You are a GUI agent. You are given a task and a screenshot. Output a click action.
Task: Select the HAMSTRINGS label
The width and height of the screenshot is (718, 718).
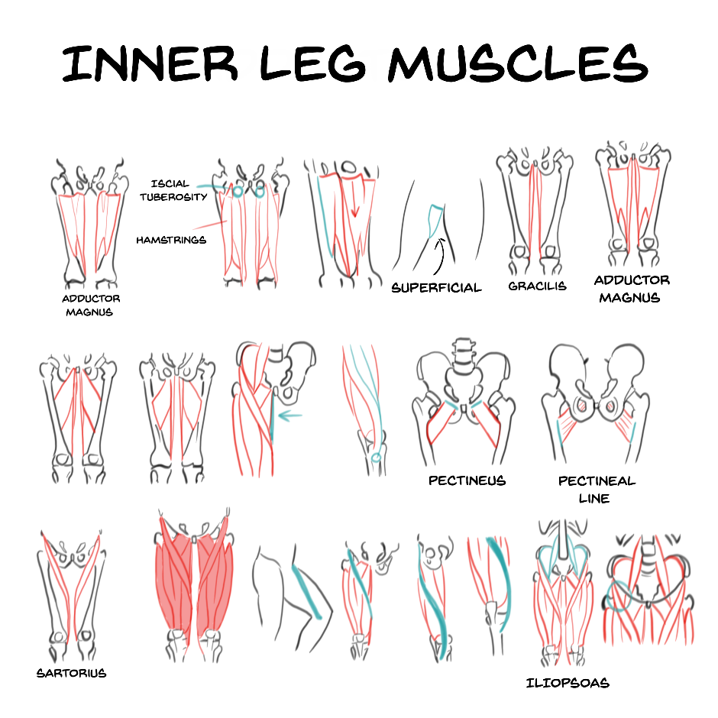click(x=171, y=240)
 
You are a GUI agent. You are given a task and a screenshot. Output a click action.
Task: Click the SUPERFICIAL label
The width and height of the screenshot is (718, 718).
click(x=436, y=288)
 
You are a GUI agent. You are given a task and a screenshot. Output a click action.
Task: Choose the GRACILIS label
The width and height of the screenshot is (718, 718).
click(x=537, y=286)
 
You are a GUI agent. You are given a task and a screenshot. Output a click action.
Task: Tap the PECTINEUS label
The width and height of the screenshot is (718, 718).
click(x=467, y=481)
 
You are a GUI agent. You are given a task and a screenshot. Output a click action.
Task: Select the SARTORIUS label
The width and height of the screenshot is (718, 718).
click(x=71, y=674)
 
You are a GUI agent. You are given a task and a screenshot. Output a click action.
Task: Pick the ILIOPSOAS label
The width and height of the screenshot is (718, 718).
click(x=568, y=683)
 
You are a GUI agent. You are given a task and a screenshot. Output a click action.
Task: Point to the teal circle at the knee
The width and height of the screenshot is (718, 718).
click(x=377, y=458)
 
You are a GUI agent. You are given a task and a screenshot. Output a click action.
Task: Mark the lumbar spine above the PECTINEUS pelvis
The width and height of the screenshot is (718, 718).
click(x=462, y=355)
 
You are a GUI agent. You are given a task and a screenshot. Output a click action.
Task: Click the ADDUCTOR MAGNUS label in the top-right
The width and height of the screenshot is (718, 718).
click(x=632, y=289)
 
